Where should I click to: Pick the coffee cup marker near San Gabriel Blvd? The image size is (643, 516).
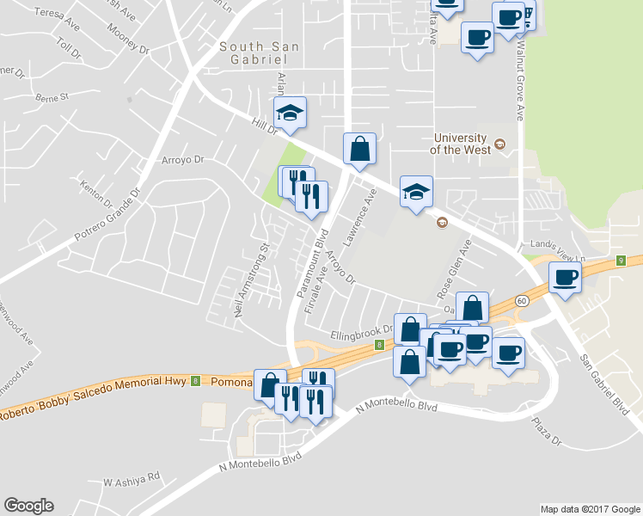[x=565, y=278]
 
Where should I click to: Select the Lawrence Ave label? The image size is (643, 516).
[x=361, y=214]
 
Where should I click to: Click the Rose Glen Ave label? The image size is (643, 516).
[x=456, y=267]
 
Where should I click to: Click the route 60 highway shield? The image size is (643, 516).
[x=522, y=301]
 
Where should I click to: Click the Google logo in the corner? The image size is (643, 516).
[x=28, y=506]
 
